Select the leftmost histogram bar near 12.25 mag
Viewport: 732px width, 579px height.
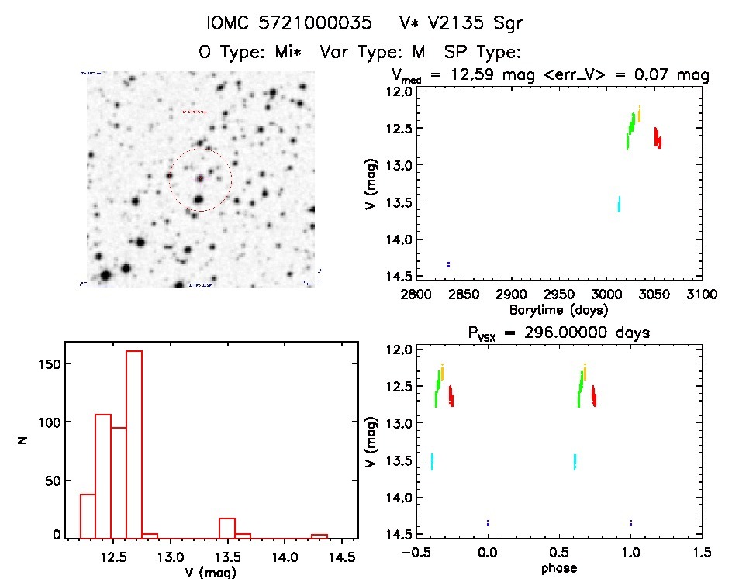click(88, 515)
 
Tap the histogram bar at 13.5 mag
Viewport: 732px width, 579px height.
click(226, 528)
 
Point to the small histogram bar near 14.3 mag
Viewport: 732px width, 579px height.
click(319, 536)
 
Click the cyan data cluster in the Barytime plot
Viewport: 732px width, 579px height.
click(619, 204)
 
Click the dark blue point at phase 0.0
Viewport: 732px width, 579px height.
click(488, 522)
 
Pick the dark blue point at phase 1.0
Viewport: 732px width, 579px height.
click(631, 522)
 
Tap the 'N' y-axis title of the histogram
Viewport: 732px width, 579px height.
click(24, 441)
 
